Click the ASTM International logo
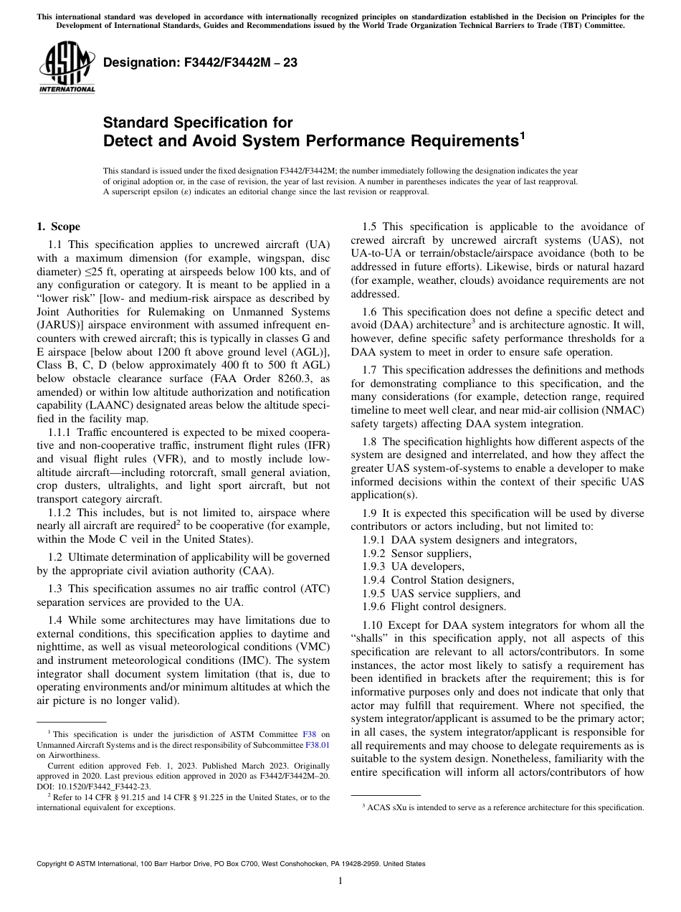point(66,68)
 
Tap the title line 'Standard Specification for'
point(199,123)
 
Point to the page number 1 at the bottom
point(340,881)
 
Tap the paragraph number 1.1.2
point(61,513)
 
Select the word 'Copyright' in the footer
point(52,864)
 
